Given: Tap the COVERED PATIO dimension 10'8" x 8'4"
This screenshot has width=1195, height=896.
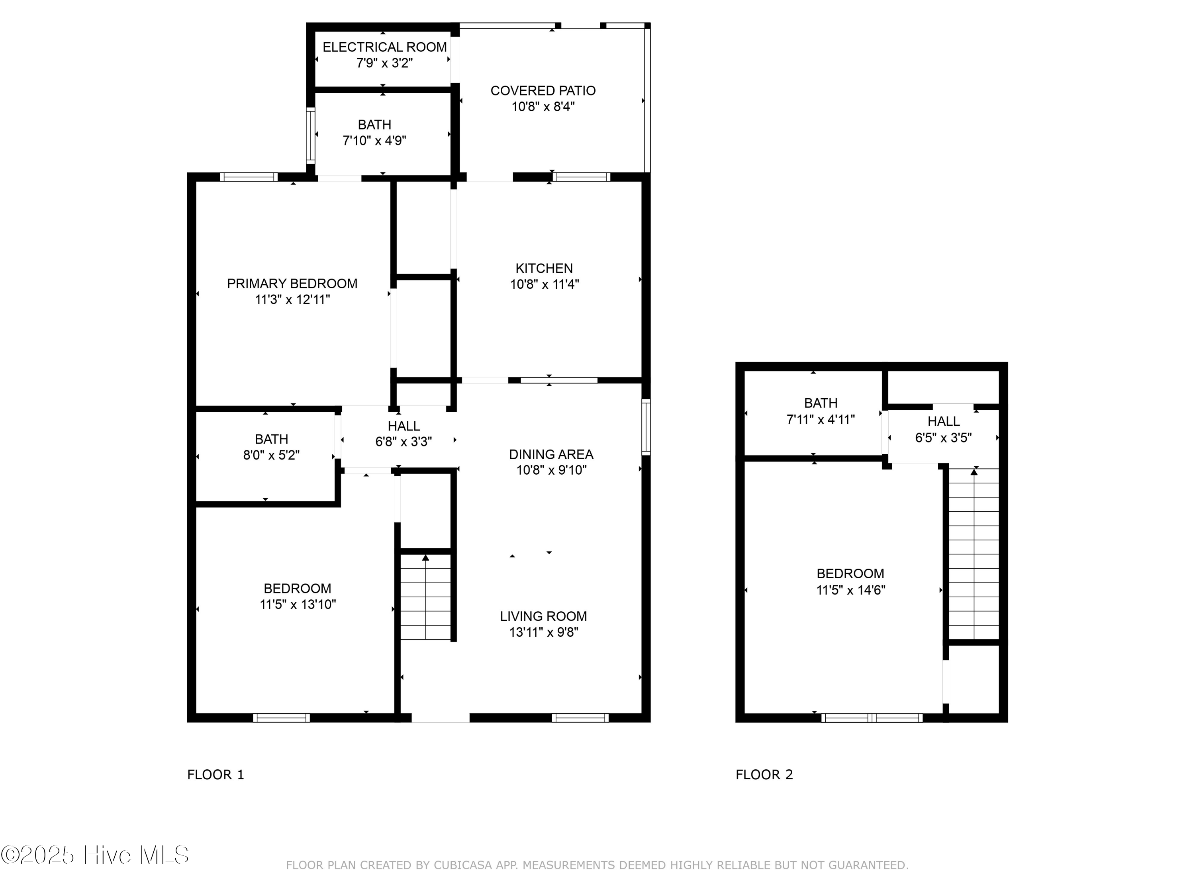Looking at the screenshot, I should (x=543, y=106).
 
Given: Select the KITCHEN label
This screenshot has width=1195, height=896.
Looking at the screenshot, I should (x=544, y=268).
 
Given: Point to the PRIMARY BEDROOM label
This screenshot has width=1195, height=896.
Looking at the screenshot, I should (x=292, y=284).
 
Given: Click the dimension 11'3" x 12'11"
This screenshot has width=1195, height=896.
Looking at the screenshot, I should (x=292, y=299).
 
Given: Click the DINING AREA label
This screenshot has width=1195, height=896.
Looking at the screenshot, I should (x=551, y=454).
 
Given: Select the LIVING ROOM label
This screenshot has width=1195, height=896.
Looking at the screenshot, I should (x=543, y=616).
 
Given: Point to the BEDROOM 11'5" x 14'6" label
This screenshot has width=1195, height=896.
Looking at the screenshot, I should (x=850, y=573).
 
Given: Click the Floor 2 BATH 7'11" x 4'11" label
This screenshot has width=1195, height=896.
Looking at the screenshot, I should (x=821, y=403).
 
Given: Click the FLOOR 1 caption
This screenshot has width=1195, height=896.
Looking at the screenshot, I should (x=215, y=775).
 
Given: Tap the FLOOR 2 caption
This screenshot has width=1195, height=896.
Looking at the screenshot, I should (x=764, y=775).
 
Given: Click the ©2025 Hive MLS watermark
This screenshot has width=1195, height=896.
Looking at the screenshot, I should (x=95, y=855).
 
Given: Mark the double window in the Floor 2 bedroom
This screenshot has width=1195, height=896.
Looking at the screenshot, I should (x=872, y=718).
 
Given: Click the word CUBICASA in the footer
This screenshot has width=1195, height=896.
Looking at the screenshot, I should (x=463, y=865).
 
